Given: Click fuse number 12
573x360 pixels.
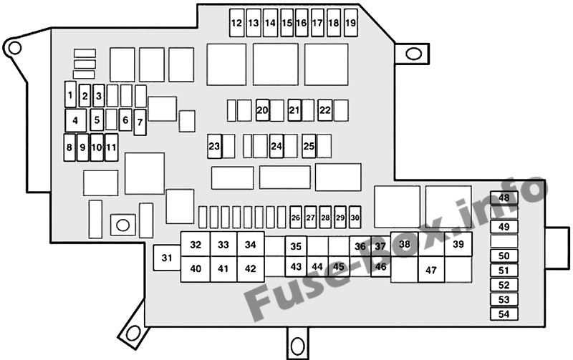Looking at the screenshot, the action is point(237,23).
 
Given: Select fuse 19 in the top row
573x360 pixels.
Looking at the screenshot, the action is point(350,23).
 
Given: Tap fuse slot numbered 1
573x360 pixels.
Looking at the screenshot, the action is point(70,94).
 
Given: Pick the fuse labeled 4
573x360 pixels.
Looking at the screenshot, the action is point(76,120).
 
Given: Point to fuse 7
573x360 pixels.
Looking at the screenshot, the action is point(140,122).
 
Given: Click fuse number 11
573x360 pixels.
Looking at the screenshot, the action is point(112,147).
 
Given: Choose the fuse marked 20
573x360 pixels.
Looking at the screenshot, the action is point(262,110).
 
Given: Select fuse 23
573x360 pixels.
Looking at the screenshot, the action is point(214,147).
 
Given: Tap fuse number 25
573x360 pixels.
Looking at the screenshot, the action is point(309,146).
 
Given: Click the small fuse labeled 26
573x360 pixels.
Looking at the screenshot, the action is point(296,218).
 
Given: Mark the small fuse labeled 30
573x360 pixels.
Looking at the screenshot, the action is point(355,218).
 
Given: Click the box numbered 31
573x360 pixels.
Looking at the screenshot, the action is point(167,258).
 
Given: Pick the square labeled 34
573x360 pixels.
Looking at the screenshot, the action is point(250,244).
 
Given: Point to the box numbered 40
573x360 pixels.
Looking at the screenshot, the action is point(196,269).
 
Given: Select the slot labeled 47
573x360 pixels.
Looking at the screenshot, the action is point(431,270).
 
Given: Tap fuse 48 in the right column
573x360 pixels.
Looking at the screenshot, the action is point(504,198).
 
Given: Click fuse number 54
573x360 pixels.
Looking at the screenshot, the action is point(504,314).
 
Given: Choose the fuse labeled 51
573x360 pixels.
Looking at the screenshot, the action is point(504,271).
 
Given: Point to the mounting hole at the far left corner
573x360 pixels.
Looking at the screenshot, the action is point(14,48).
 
